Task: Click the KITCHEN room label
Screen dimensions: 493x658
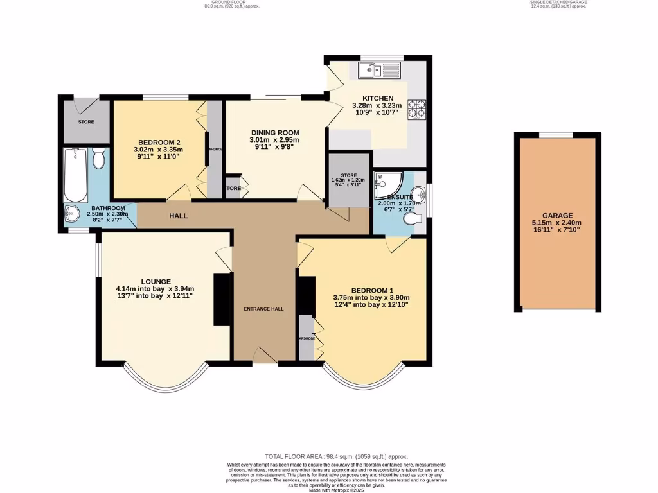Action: [377, 98]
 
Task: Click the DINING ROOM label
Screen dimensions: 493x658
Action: [274, 132]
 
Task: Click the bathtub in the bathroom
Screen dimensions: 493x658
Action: [76, 175]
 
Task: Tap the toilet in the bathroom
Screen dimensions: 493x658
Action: [98, 157]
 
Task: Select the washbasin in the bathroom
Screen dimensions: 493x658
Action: [72, 213]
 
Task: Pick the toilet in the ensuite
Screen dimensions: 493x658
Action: [411, 219]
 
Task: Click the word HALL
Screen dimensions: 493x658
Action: [179, 216]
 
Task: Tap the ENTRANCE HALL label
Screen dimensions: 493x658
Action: [263, 309]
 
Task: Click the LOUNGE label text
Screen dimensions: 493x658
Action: [156, 281]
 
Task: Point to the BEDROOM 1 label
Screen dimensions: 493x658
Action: [371, 290]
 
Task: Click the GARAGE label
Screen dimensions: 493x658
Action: [556, 216]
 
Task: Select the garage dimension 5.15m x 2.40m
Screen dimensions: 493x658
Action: [556, 223]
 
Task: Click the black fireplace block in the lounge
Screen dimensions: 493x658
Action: [222, 300]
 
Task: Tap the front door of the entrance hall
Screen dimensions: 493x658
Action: [264, 355]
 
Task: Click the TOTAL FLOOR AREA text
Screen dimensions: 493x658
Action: [329, 456]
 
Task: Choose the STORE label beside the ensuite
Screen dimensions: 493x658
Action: [348, 175]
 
